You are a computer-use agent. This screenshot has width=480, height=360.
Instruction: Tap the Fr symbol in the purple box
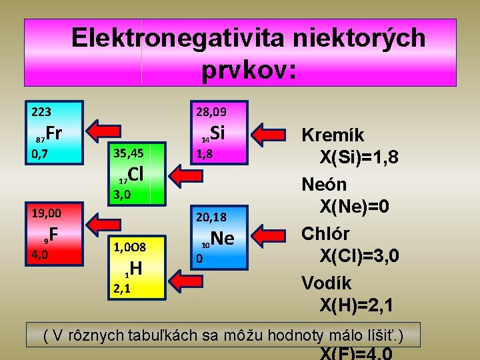tap(54, 133)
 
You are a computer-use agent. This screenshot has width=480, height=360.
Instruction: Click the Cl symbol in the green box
tap(135, 175)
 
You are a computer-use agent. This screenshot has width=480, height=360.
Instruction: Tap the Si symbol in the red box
tap(218, 133)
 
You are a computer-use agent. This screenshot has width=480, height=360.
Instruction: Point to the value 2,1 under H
tap(122, 289)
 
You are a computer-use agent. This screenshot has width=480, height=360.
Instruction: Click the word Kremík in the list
tap(333, 135)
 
